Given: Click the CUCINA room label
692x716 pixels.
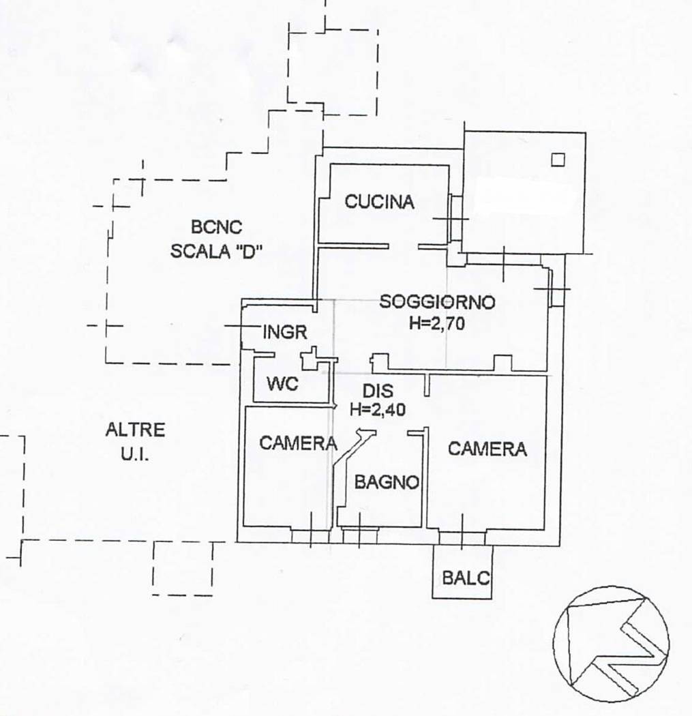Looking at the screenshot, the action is pos(379,202).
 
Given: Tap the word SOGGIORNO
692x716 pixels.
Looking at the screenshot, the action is pos(437,302).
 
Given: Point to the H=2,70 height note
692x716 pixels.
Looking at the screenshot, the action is pos(437,323).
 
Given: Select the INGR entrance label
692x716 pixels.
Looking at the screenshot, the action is pos(285,332).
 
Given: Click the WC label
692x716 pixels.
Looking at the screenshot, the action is pos(282,383).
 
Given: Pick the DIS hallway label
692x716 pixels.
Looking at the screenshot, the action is pos(378,391).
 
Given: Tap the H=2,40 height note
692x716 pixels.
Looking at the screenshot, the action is pos(378,410).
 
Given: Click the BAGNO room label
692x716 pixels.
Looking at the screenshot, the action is pos(387,482).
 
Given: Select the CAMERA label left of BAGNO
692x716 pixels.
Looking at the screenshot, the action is pos(298,443).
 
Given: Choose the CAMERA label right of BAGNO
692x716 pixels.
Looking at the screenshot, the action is pos(487,449).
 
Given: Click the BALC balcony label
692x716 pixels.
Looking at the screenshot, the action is pos(466,578).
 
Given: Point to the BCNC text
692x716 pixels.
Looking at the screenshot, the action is pos(216,227).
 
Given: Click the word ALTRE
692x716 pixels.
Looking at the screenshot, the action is pos(135,430).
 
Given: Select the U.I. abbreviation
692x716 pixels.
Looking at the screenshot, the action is pos(135,454).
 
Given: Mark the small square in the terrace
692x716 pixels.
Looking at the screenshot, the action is pos(558,160).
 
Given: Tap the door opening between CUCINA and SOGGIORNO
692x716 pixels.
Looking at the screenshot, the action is pos(404,247).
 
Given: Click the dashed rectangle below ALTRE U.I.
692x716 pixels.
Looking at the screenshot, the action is pos(182,569).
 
